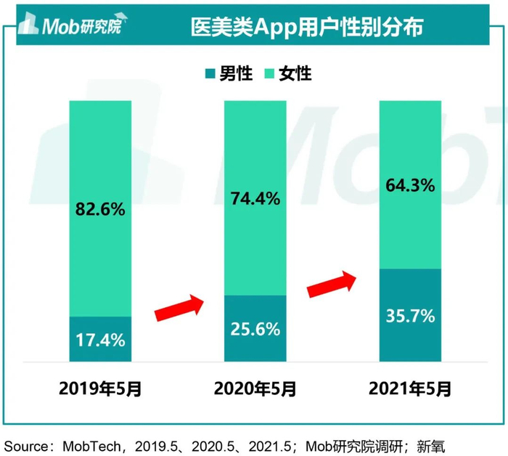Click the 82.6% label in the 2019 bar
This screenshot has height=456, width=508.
click(100, 210)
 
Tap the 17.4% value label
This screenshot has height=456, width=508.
click(100, 339)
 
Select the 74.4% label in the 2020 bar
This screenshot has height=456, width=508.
click(255, 199)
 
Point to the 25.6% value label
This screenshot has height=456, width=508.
click(255, 329)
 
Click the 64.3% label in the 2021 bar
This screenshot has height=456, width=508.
click(410, 185)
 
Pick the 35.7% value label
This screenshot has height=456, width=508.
click(410, 316)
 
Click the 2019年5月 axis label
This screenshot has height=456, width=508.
click(100, 389)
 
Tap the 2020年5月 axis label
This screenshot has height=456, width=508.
click(255, 389)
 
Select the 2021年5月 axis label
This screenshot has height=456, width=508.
click(410, 389)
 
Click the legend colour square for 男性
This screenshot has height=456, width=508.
click(210, 73)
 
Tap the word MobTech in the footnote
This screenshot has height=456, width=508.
click(87, 444)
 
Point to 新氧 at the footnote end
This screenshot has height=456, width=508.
click(440, 444)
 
